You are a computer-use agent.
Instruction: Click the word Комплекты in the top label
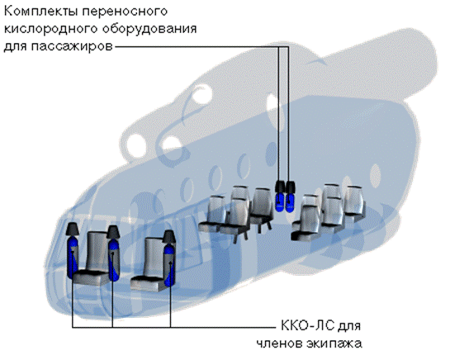coord(40,12)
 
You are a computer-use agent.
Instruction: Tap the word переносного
coord(125,12)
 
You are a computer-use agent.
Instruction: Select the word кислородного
coord(51,29)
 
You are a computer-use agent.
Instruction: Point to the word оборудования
coord(149,29)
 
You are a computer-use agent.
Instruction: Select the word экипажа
coord(334,343)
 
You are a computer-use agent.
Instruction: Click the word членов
coord(279,343)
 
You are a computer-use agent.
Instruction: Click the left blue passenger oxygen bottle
coord(279,202)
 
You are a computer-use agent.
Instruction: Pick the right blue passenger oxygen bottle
coord(290,202)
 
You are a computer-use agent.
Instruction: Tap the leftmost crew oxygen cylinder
coord(72,258)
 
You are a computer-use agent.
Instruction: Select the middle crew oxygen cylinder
coord(114,260)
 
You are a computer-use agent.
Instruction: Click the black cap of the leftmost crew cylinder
coord(72,229)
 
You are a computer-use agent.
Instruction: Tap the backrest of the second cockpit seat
coord(154,258)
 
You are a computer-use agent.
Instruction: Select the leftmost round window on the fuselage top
coord(135,146)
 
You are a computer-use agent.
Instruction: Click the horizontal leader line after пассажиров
coord(201,47)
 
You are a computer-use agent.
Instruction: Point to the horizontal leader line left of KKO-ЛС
coord(173,327)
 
